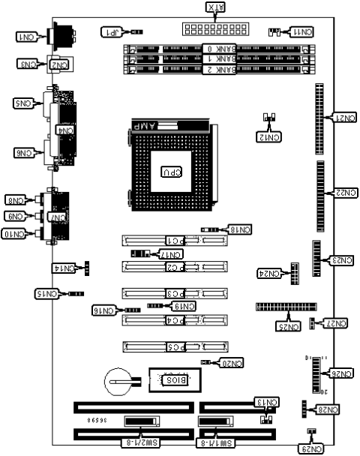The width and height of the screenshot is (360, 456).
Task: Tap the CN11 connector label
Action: (304, 32)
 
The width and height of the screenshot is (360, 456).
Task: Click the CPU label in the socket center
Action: (172, 172)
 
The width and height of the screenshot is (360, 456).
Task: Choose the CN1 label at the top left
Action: (25, 37)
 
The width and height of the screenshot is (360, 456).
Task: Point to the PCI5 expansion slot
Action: (175, 346)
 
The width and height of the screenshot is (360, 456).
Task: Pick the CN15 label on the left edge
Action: (47, 293)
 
